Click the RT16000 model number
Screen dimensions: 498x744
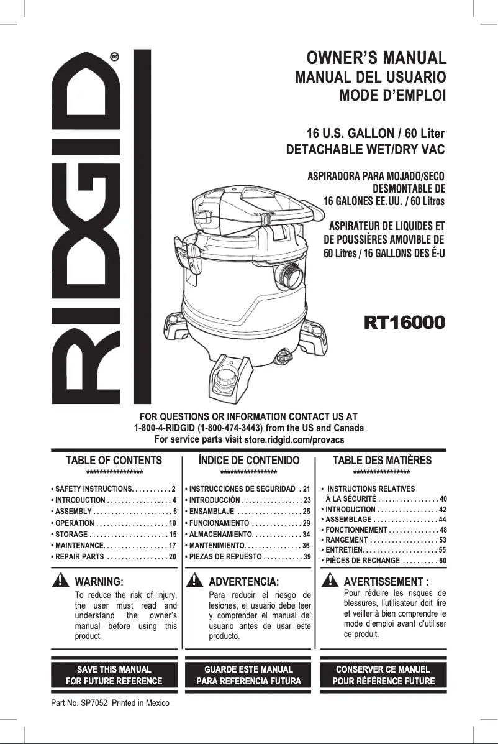(x=404, y=323)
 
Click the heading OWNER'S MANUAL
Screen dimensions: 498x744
(x=377, y=60)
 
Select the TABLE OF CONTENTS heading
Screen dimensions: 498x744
(x=114, y=461)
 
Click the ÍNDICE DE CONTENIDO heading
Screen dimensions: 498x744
(x=248, y=461)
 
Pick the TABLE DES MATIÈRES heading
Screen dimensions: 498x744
(x=382, y=461)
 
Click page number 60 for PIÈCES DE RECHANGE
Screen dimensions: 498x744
(x=443, y=561)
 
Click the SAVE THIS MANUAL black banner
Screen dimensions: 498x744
(x=114, y=675)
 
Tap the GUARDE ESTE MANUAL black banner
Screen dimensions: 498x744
(x=248, y=675)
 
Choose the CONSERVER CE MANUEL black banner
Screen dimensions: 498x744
(x=383, y=675)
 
